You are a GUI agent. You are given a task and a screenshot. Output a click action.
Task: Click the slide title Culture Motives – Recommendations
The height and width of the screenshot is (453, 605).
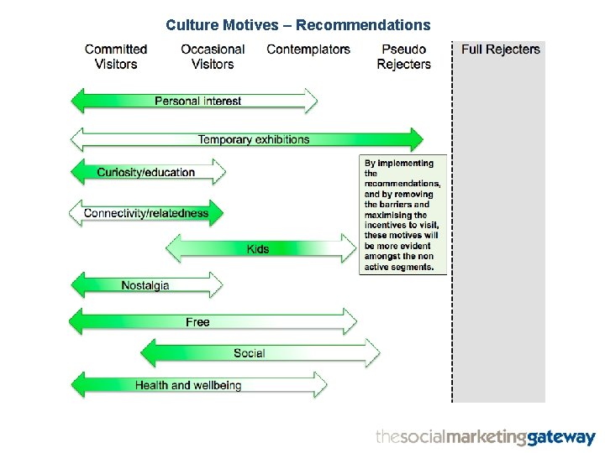click(297, 25)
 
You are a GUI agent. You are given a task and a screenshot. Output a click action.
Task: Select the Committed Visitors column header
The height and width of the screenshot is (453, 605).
click(116, 56)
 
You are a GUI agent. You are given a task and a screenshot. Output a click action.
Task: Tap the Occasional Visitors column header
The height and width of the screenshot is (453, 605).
click(213, 56)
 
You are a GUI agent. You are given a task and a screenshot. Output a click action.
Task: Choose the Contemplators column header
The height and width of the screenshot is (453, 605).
click(308, 49)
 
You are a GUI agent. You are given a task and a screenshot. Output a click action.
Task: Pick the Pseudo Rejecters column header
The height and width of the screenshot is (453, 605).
click(403, 56)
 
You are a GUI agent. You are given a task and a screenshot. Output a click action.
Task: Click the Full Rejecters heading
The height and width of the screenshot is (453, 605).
click(501, 49)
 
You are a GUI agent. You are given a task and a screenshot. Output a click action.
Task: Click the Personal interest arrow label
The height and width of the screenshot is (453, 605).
click(197, 102)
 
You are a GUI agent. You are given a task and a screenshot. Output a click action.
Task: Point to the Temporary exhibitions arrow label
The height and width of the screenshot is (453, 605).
click(254, 139)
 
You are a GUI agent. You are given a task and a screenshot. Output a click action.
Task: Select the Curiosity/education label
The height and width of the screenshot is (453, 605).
click(145, 173)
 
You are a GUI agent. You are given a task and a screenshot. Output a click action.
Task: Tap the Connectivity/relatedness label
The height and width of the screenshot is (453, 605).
click(145, 213)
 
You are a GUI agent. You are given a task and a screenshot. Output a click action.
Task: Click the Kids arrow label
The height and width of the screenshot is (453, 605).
click(258, 249)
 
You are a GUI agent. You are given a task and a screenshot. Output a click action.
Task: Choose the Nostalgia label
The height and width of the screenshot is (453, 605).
click(145, 286)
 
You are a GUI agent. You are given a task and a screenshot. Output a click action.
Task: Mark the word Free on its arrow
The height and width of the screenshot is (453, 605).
click(197, 322)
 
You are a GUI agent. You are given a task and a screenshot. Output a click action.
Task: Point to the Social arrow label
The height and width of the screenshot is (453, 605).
click(249, 353)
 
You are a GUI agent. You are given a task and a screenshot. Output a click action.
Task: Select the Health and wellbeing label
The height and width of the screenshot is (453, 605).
click(188, 385)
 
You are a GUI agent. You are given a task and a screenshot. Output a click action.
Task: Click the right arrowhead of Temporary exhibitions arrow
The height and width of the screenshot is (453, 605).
click(416, 139)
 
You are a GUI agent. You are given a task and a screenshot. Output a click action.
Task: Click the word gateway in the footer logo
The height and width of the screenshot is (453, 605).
click(560, 437)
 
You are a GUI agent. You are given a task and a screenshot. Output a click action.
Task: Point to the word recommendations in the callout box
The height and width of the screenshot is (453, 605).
click(402, 183)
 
